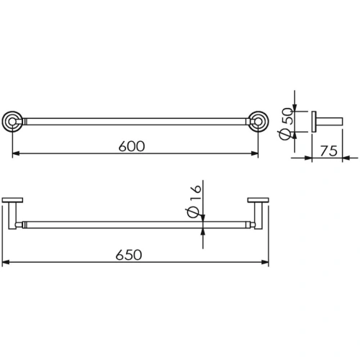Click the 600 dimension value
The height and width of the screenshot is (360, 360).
pos(132,146)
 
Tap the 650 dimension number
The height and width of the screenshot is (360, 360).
pos(129,255)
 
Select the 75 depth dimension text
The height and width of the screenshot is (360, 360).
pos(329,151)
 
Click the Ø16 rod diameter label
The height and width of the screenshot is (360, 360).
pos(193,201)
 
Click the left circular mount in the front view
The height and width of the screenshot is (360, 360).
pos(12,122)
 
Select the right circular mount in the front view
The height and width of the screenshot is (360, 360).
pos(258,122)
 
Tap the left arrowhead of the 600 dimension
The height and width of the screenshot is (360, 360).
pos(16,153)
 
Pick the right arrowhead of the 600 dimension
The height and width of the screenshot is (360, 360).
pos(255,153)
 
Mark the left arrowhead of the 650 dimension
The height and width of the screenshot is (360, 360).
pos(6,262)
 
